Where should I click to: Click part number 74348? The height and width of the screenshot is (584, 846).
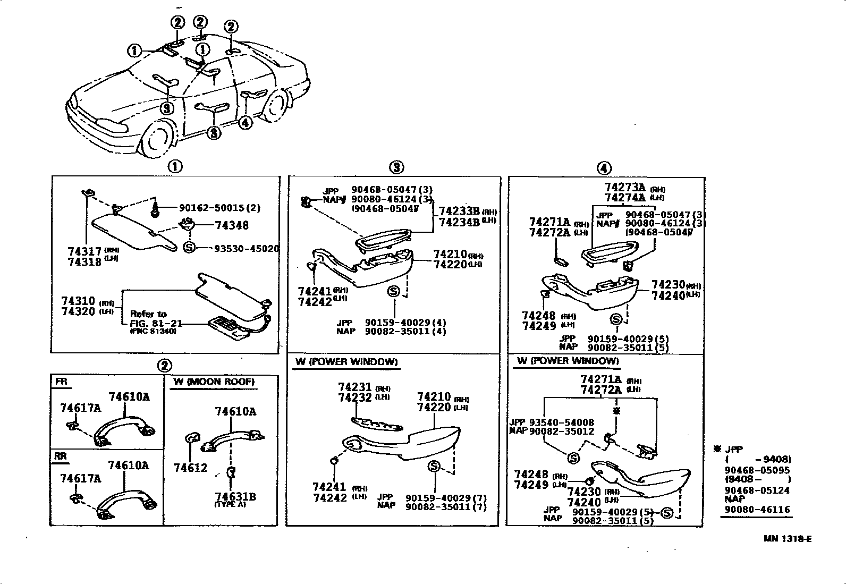pyautogui.click(x=232, y=225)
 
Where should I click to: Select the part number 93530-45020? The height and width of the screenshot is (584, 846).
pyautogui.click(x=246, y=249)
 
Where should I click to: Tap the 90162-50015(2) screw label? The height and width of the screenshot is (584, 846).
pyautogui.click(x=219, y=208)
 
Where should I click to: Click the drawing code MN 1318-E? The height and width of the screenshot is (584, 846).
pyautogui.click(x=788, y=539)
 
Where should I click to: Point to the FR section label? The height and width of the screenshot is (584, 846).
pyautogui.click(x=61, y=382)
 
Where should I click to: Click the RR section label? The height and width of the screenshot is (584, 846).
pyautogui.click(x=61, y=456)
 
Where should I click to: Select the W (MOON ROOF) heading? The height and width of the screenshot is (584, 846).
pyautogui.click(x=214, y=382)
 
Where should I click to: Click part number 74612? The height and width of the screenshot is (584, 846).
pyautogui.click(x=190, y=468)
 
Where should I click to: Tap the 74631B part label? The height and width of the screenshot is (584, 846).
pyautogui.click(x=235, y=496)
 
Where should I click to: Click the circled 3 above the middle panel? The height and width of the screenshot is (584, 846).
pyautogui.click(x=396, y=167)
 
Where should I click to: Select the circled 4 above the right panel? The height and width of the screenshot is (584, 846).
pyautogui.click(x=604, y=168)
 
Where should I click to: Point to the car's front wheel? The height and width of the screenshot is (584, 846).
pyautogui.click(x=158, y=139)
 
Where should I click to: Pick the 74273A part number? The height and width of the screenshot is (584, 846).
pyautogui.click(x=624, y=187)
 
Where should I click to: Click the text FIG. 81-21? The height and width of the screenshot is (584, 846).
pyautogui.click(x=156, y=323)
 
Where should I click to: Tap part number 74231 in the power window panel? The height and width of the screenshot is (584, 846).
pyautogui.click(x=354, y=387)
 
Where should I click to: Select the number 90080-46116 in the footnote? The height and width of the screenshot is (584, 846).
pyautogui.click(x=757, y=509)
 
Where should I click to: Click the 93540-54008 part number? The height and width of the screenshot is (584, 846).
pyautogui.click(x=561, y=422)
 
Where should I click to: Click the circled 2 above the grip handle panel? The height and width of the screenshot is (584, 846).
pyautogui.click(x=164, y=366)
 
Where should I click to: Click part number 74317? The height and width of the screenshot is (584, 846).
pyautogui.click(x=84, y=251)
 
